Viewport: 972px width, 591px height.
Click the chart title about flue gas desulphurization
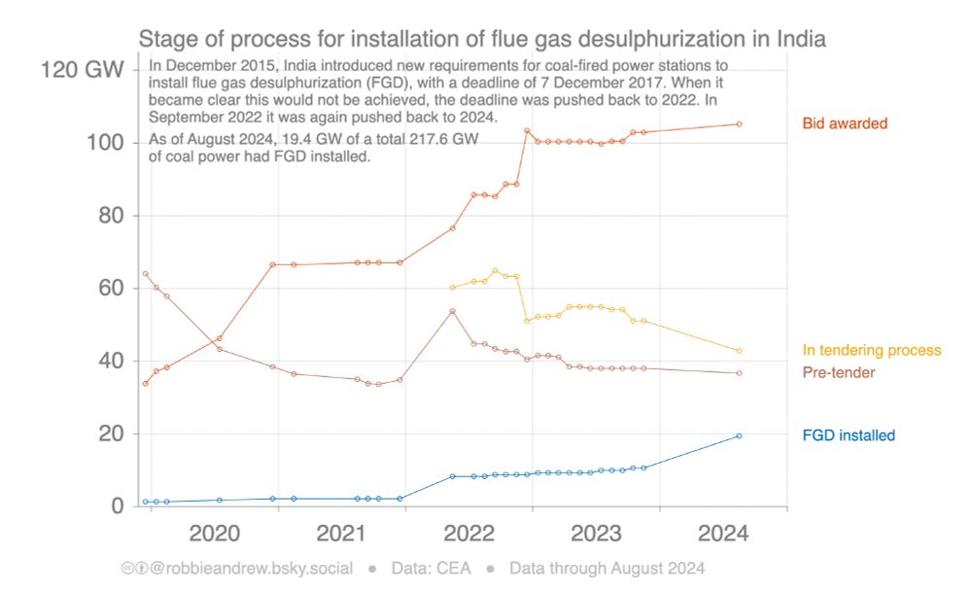[482, 40]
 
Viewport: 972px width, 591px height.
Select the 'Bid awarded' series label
[845, 123]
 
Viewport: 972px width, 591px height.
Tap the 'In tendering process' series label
[872, 350]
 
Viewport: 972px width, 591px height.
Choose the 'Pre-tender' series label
[839, 373]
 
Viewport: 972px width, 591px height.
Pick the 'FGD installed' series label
[849, 435]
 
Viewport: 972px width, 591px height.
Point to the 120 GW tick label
[82, 69]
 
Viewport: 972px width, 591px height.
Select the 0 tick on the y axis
[117, 505]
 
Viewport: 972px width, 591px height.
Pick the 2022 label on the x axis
[469, 533]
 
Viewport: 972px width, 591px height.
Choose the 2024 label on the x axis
[723, 533]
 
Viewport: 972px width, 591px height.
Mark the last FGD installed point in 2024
[739, 435]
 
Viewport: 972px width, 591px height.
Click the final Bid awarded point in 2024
[739, 123]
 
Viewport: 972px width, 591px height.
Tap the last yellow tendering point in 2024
[739, 351]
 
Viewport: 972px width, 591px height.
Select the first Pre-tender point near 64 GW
[145, 274]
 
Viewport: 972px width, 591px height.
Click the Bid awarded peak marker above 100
[527, 130]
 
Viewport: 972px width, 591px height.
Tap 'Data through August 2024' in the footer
[607, 569]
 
